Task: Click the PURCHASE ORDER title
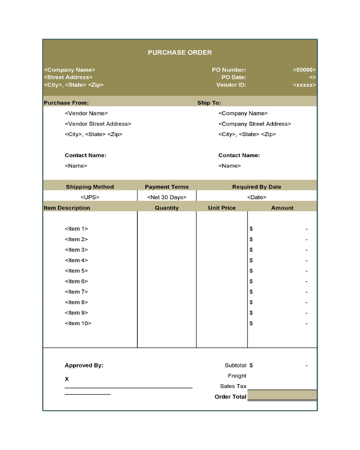pyautogui.click(x=180, y=52)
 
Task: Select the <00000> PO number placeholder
pyautogui.click(x=304, y=70)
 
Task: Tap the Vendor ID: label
pyautogui.click(x=231, y=85)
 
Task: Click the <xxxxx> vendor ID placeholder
pyautogui.click(x=304, y=85)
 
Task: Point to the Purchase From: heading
pyautogui.click(x=66, y=103)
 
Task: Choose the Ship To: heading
pyautogui.click(x=209, y=103)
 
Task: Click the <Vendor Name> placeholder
pyautogui.click(x=86, y=113)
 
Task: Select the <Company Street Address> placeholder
pyautogui.click(x=255, y=124)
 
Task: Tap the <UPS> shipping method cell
pyautogui.click(x=90, y=197)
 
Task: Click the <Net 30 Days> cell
pyautogui.click(x=167, y=197)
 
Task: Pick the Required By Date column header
pyautogui.click(x=257, y=187)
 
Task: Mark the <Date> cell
pyautogui.click(x=257, y=197)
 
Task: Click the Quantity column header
pyautogui.click(x=167, y=208)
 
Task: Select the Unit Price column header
pyautogui.click(x=222, y=208)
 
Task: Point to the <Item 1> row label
pyautogui.click(x=76, y=229)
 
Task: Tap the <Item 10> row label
pyautogui.click(x=78, y=323)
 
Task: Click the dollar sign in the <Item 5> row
pyautogui.click(x=251, y=271)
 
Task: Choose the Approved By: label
pyautogui.click(x=84, y=365)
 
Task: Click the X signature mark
pyautogui.click(x=67, y=379)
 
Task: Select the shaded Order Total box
pyautogui.click(x=282, y=396)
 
